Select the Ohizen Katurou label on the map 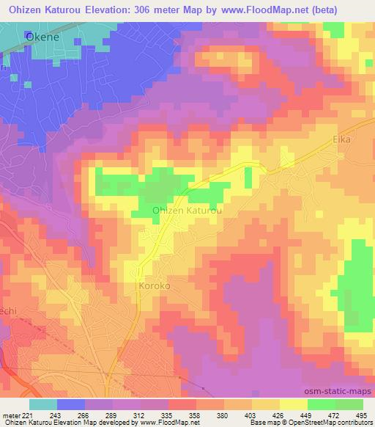click(187, 211)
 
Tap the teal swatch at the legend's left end click(42, 405)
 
